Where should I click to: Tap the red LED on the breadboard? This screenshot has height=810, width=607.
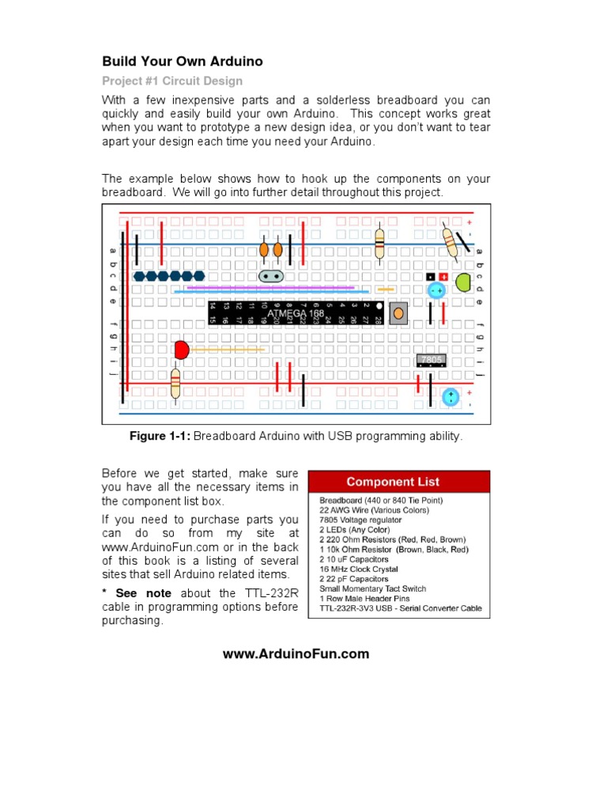tap(182, 349)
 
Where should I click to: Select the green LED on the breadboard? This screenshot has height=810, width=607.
tap(463, 281)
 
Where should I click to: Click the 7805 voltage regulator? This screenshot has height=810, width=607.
tap(432, 360)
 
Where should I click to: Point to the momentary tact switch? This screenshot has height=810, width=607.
tap(399, 313)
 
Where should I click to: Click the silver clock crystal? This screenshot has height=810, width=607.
tap(271, 276)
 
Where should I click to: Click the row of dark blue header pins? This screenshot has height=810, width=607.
tap(168, 276)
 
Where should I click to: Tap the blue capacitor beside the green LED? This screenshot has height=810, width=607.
tap(435, 291)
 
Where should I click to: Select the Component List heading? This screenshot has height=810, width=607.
tap(392, 482)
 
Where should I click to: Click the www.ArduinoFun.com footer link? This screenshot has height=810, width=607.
tap(296, 653)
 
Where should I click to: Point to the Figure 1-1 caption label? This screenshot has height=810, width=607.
tap(160, 437)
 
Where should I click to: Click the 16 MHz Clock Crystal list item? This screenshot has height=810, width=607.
tap(359, 569)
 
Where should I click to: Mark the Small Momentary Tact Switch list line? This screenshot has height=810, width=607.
tap(372, 589)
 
